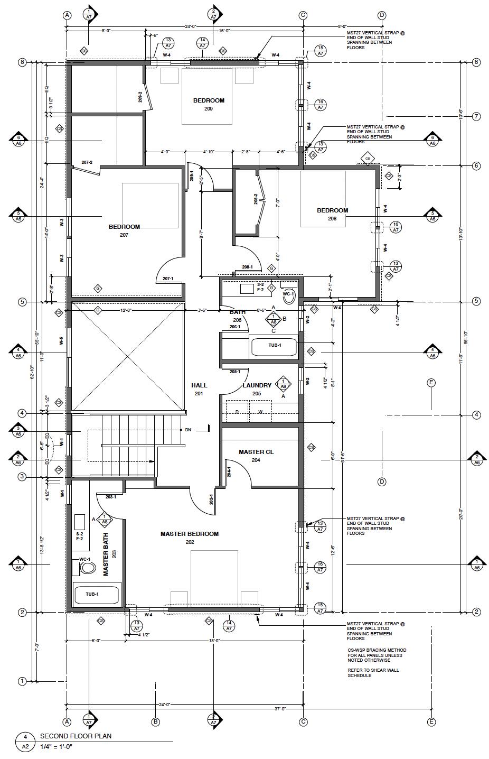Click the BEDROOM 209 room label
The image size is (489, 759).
tap(209, 104)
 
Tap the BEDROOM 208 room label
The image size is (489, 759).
tap(332, 214)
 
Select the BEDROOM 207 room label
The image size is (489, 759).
tap(124, 230)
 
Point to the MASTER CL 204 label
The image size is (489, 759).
tap(256, 456)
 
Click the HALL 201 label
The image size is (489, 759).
tap(199, 389)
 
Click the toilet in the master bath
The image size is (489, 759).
tap(86, 568)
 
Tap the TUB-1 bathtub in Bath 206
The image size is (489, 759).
tap(274, 346)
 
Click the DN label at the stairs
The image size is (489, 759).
tap(187, 430)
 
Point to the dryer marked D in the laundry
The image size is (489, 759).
tap(237, 412)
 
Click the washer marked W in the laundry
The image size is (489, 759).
tap(260, 412)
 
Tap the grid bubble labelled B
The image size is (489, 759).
tap(156, 721)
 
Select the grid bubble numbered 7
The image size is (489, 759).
tap(476, 116)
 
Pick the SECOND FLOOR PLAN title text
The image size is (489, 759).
tap(76, 736)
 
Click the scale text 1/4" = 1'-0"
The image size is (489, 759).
tap(55, 746)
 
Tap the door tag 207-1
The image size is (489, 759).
tap(168, 278)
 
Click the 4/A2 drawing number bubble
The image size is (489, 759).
tap(25, 742)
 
